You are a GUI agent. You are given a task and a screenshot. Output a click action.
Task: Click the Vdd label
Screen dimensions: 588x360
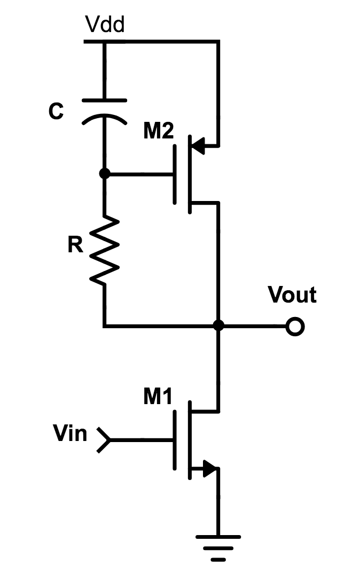(x=105, y=25)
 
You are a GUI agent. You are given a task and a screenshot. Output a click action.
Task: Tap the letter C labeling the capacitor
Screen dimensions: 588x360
(x=56, y=112)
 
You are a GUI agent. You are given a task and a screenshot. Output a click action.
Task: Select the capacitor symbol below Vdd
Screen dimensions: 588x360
(x=105, y=110)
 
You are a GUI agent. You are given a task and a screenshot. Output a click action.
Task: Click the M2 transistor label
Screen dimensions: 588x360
(x=159, y=131)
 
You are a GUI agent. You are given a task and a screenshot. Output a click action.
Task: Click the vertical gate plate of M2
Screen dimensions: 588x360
(x=176, y=174)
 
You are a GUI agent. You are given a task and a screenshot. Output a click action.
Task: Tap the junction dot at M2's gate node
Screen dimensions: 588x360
(x=105, y=174)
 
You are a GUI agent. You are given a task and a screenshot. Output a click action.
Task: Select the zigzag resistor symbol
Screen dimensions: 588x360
(x=105, y=250)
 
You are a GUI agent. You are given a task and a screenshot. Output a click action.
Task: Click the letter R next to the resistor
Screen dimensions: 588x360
(x=75, y=245)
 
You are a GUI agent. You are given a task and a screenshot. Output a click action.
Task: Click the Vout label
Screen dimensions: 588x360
(x=292, y=295)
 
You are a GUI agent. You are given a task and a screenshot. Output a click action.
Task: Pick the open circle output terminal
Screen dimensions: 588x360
(x=294, y=326)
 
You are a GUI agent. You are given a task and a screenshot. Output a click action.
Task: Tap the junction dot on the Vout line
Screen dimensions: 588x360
(x=218, y=325)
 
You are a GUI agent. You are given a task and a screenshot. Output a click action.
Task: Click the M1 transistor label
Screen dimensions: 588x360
(x=159, y=397)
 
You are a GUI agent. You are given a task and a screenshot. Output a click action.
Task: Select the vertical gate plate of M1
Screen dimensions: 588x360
(x=176, y=440)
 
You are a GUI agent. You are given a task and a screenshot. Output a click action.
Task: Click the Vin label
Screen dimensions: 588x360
(x=70, y=433)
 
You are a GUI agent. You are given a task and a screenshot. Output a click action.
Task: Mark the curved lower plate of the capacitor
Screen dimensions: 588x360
(x=105, y=119)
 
